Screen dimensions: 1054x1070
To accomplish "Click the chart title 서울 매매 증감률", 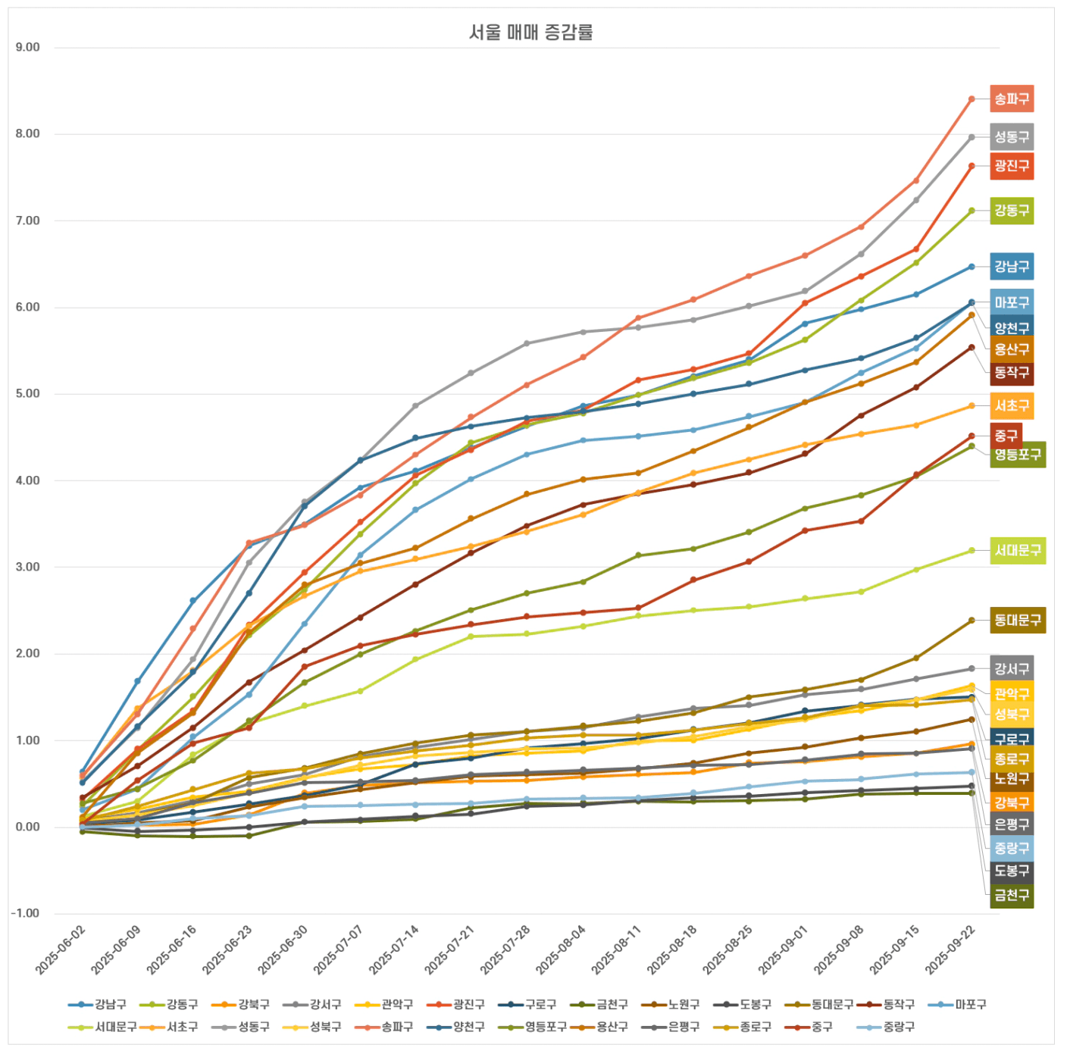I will click(x=530, y=32).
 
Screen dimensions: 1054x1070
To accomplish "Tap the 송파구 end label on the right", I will click(x=1012, y=99).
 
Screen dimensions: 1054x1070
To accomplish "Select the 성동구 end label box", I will click(x=1012, y=137).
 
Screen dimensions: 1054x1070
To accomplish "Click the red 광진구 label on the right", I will click(x=1012, y=166).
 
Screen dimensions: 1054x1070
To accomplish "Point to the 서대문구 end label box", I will click(x=1018, y=551).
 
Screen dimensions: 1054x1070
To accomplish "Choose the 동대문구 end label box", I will click(x=1018, y=621).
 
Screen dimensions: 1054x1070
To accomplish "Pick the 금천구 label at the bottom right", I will click(x=1012, y=896).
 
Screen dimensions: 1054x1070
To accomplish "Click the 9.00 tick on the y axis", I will click(x=28, y=48).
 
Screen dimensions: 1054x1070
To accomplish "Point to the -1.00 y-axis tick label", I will click(x=26, y=914).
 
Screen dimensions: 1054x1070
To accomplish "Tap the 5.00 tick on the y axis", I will click(x=28, y=394).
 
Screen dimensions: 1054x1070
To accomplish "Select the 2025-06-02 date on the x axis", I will click(x=61, y=951).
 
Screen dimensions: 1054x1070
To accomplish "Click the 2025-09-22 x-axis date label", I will click(x=950, y=951).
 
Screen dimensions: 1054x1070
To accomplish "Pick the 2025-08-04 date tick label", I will click(x=561, y=951).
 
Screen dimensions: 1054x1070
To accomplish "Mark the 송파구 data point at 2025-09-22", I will click(x=971, y=99).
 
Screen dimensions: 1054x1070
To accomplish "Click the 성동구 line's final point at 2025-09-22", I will click(x=971, y=137).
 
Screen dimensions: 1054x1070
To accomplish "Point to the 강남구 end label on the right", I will click(x=1012, y=267).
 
